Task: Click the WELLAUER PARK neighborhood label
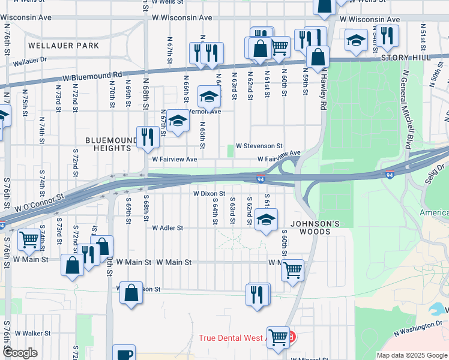click(63, 46)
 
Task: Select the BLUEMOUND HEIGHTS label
click(108, 144)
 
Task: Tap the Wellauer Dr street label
click(29, 61)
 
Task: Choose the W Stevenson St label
click(259, 146)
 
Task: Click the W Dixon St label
click(208, 194)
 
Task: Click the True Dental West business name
click(238, 338)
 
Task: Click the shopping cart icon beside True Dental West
click(278, 337)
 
